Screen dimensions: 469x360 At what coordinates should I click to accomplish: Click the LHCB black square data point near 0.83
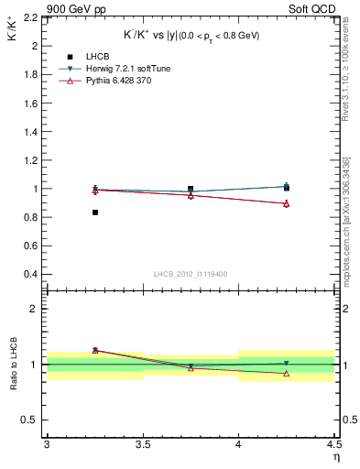coord(94,213)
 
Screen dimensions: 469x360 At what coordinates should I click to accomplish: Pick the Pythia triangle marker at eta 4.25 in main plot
coord(287,203)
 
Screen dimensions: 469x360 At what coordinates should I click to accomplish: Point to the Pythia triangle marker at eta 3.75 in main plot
coord(191,195)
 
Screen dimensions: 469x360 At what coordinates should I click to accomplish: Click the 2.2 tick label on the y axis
coord(32,17)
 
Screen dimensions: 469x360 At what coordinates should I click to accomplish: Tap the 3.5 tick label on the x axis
coord(142,444)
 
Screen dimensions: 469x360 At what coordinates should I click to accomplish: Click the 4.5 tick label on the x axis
coord(333,444)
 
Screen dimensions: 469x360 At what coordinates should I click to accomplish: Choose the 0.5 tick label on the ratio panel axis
coord(32,420)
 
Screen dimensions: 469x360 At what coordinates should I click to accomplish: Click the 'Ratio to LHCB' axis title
coord(14,364)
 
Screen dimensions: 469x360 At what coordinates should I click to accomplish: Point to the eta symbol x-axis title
coord(336,456)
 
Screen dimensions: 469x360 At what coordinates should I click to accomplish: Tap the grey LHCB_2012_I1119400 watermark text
coord(191,274)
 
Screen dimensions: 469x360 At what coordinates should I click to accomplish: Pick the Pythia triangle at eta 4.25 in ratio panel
coord(287,373)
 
